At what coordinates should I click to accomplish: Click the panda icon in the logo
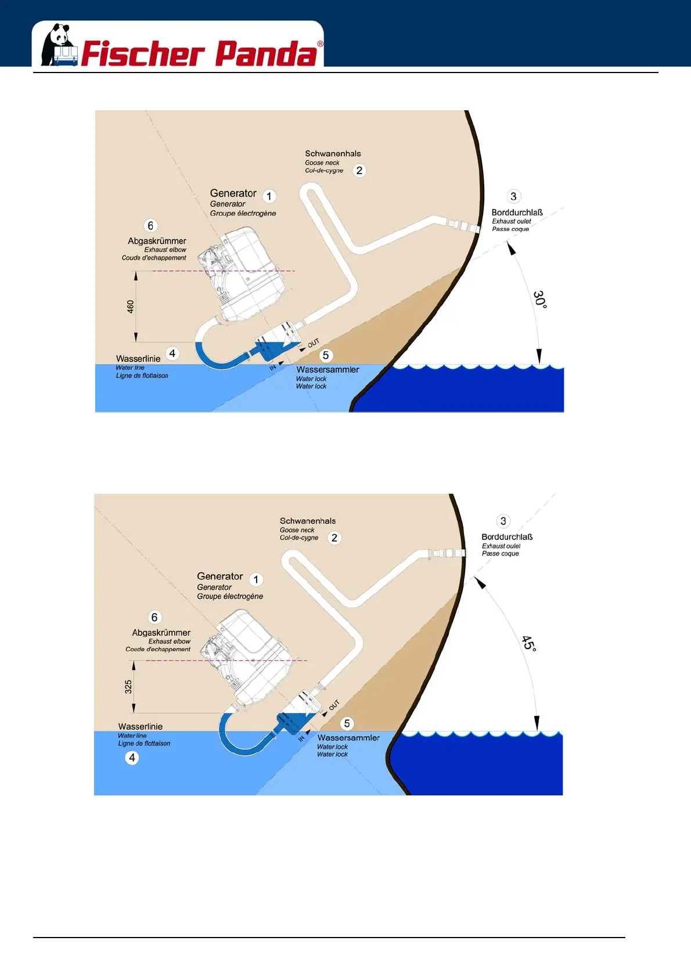tap(59, 45)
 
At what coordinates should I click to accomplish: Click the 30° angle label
tap(540, 299)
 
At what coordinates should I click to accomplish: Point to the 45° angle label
tap(528, 643)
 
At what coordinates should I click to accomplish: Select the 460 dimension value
tap(131, 306)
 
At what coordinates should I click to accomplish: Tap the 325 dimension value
tap(128, 687)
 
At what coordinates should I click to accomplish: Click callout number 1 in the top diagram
tap(269, 196)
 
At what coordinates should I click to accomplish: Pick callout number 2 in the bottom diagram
tap(334, 538)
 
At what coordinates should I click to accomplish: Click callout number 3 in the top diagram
tap(513, 196)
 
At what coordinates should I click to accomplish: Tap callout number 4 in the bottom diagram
tap(132, 758)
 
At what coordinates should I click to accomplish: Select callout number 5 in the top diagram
tap(326, 355)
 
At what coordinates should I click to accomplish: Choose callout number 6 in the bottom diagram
tap(154, 617)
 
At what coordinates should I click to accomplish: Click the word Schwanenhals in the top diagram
tap(333, 154)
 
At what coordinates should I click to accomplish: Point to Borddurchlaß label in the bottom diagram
tap(507, 537)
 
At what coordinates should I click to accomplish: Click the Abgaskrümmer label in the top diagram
tap(157, 241)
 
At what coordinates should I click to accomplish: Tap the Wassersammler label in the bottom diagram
tap(348, 738)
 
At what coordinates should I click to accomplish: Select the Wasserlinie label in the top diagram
tap(138, 359)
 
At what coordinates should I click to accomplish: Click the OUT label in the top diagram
tap(313, 343)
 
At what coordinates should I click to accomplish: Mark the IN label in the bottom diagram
tap(301, 739)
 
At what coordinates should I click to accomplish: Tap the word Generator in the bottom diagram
tap(219, 576)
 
